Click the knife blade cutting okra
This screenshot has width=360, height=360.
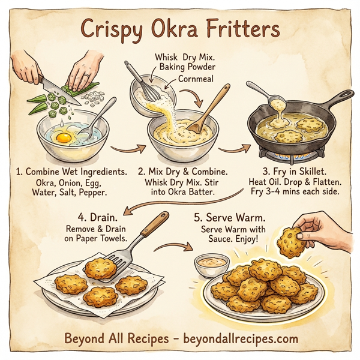(50, 85)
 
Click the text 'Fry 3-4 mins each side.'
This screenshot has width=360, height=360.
(298, 193)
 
